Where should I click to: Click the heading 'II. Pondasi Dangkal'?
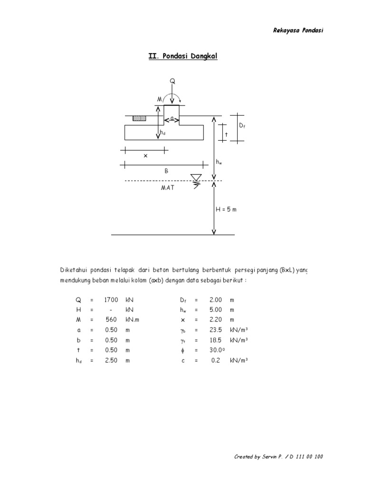tap(183, 56)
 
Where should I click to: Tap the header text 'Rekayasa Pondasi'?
tap(298, 30)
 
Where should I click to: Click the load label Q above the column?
tap(172, 81)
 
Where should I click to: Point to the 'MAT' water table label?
tap(168, 187)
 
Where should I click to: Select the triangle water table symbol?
tap(196, 178)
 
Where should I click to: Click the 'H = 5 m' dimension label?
tap(226, 209)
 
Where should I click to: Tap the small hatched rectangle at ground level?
tap(139, 118)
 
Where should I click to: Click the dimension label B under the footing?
tap(166, 171)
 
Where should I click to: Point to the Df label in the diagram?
tap(242, 126)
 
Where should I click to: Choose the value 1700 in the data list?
tap(111, 300)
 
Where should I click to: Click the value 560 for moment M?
tap(111, 320)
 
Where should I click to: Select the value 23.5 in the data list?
tap(216, 330)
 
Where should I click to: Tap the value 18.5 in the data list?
tap(216, 340)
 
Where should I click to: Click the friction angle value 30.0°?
tap(217, 350)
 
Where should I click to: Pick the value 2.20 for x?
tap(216, 320)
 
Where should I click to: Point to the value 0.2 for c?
tap(216, 360)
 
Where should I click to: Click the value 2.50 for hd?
tap(111, 360)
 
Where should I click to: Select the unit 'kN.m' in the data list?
tap(132, 320)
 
